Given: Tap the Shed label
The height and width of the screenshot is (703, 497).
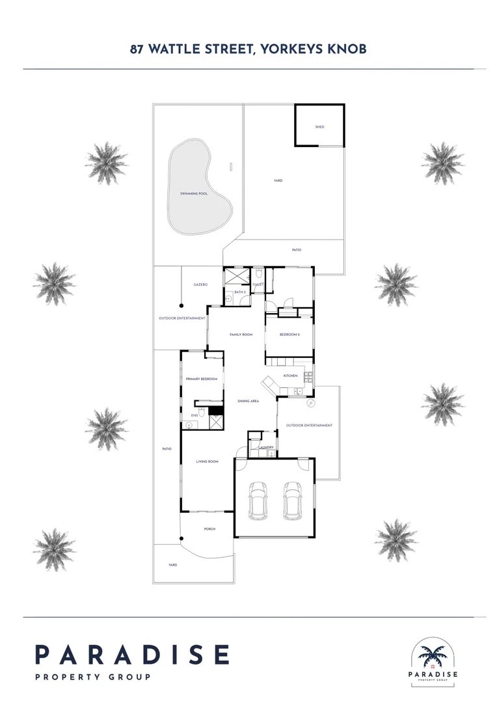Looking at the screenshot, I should (x=319, y=127).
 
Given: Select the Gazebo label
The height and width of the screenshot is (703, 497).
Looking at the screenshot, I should (x=200, y=284).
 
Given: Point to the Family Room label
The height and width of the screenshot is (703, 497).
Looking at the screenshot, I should (x=241, y=335).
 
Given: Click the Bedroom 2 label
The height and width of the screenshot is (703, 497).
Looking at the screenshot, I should (x=289, y=335).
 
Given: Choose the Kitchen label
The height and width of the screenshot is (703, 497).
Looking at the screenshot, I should (x=290, y=376).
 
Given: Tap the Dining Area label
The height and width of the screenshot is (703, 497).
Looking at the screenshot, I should (x=248, y=401).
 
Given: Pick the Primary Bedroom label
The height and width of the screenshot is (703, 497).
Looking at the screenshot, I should (x=201, y=379).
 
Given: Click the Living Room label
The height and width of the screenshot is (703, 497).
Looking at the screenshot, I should (x=207, y=462).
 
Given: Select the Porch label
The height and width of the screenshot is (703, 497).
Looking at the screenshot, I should (x=209, y=529).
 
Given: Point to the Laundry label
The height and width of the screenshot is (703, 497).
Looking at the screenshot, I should (x=266, y=447).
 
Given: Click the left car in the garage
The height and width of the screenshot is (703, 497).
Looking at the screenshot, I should (x=258, y=499).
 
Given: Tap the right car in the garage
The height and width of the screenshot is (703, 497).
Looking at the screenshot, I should (x=292, y=499).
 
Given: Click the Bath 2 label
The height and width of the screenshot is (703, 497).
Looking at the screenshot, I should (x=239, y=292).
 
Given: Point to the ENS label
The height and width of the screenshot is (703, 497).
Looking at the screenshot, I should (x=194, y=415).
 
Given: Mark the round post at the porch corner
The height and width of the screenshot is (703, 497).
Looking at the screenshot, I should (x=182, y=538).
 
